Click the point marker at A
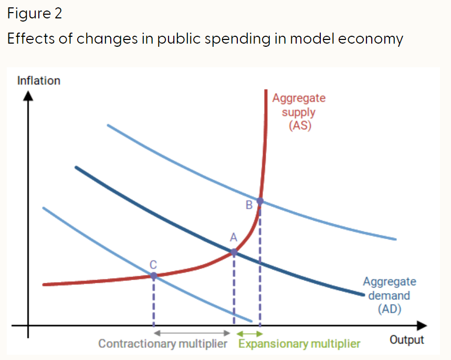(x=234, y=252)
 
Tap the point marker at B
(x=259, y=201)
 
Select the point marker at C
(x=153, y=275)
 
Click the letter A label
(x=234, y=238)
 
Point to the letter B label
(x=249, y=204)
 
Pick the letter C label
(x=153, y=262)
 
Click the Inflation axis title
(x=39, y=81)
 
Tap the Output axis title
(x=407, y=340)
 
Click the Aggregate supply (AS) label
(x=299, y=112)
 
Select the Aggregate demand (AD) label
(x=389, y=295)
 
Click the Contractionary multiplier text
(x=163, y=344)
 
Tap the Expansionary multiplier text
(x=299, y=344)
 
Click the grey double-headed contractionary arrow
(x=192, y=333)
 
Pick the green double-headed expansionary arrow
(x=249, y=333)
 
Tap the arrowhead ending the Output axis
(x=422, y=325)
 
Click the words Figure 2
(x=35, y=14)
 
